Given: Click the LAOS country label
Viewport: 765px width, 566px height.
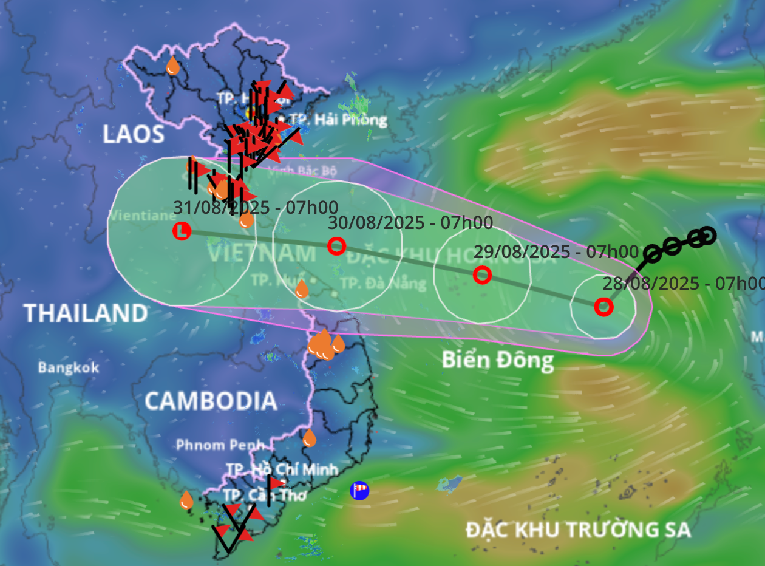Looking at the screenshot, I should tap(134, 134).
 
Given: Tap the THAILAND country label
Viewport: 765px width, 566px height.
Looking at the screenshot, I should tap(86, 313).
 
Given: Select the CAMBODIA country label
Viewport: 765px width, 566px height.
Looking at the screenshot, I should tap(211, 401).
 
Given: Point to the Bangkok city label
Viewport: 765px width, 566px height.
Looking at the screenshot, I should tap(68, 367).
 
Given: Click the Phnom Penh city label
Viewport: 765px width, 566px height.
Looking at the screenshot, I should tap(220, 445).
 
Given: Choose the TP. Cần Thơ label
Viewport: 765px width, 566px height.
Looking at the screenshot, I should tap(264, 495).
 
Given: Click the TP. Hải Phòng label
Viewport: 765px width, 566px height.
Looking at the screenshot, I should tap(338, 119).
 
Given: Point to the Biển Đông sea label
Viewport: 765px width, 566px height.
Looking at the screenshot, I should tap(497, 360).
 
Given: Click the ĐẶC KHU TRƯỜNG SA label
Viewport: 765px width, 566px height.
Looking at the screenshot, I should tap(578, 530).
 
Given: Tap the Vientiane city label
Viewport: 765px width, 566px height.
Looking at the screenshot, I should tap(134, 215).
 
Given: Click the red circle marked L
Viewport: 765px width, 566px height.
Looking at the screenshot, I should tap(182, 231).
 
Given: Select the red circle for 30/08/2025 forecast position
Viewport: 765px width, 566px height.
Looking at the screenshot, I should tap(336, 246).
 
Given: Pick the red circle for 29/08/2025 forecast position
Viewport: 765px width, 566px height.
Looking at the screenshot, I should tap(482, 275).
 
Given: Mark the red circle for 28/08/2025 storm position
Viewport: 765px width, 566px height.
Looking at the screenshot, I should tap(603, 307).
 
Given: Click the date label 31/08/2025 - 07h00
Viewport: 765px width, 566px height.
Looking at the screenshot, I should tap(256, 207).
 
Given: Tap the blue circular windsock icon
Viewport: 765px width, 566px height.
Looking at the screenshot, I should tap(359, 490).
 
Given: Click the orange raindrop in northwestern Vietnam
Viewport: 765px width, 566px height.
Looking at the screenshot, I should tap(173, 66).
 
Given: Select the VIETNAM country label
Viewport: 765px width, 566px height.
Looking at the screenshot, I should tap(261, 253).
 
